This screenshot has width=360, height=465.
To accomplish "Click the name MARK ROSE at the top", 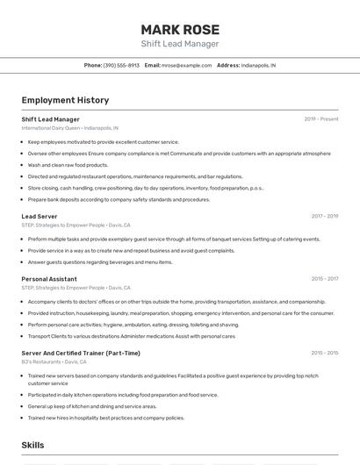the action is pyautogui.click(x=180, y=29).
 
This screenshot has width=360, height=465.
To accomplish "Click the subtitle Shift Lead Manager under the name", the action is pyautogui.click(x=180, y=44).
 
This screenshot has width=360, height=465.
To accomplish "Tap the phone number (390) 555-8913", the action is pyautogui.click(x=121, y=66).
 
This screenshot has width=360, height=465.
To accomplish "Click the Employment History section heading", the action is pyautogui.click(x=65, y=100).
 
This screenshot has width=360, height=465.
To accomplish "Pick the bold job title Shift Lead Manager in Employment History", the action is pyautogui.click(x=50, y=118).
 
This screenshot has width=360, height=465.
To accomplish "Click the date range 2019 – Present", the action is pyautogui.click(x=321, y=118).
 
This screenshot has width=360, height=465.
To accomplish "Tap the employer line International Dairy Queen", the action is pyautogui.click(x=69, y=128).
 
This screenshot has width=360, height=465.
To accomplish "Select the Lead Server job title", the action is pyautogui.click(x=40, y=216).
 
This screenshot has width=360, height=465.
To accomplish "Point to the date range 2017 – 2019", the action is pyautogui.click(x=324, y=216).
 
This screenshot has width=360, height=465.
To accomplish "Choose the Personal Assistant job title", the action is pyautogui.click(x=49, y=279).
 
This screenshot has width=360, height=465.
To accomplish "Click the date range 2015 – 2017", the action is pyautogui.click(x=324, y=279).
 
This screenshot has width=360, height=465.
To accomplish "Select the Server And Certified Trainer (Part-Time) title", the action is pyautogui.click(x=81, y=353).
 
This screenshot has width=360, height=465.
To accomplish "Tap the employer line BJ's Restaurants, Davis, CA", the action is pyautogui.click(x=54, y=361).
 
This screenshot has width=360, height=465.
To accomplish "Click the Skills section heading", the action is pyautogui.click(x=32, y=446).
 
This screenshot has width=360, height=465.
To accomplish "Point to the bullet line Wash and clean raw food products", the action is pyautogui.click(x=68, y=165).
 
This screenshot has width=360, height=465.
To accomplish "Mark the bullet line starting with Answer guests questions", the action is pyautogui.click(x=100, y=261).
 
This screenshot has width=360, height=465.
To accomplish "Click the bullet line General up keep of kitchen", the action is pyautogui.click(x=92, y=406).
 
